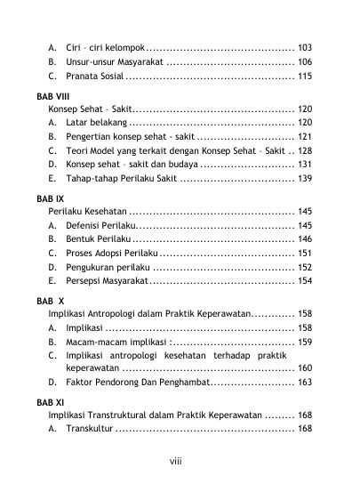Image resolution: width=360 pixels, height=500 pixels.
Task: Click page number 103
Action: click(x=305, y=45)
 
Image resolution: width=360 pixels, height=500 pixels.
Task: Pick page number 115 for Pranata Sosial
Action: click(x=305, y=77)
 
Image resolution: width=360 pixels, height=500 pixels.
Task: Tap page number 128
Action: click(x=305, y=153)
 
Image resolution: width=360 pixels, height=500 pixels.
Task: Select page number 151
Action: click(x=305, y=254)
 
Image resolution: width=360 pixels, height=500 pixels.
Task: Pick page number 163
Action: click(x=305, y=382)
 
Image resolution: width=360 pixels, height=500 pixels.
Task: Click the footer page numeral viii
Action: click(x=176, y=461)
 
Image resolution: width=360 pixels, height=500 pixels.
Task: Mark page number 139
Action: click(x=305, y=178)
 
